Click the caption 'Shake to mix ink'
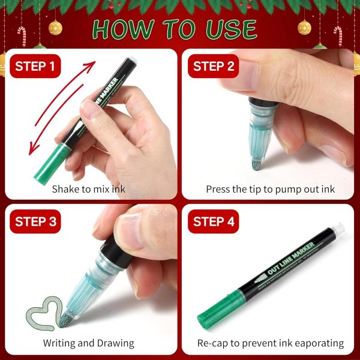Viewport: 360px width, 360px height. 89,189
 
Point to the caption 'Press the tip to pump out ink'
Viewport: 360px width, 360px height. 270,189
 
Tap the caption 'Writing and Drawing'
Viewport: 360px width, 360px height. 88,343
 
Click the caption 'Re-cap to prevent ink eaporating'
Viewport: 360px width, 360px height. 270,343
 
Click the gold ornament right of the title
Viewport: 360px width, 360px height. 304,27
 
